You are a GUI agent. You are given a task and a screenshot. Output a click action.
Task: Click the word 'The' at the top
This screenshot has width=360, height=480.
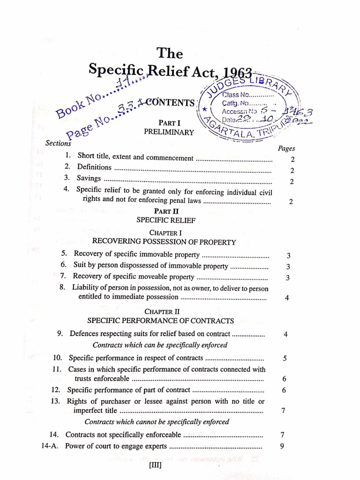pyautogui.click(x=169, y=52)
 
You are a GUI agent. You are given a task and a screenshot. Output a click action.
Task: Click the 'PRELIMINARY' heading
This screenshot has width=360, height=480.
pyautogui.click(x=169, y=132)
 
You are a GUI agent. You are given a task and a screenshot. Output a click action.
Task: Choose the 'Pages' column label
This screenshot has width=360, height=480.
pyautogui.click(x=286, y=149)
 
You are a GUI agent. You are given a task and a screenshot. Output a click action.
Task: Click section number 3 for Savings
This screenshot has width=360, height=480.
pyautogui.click(x=67, y=178)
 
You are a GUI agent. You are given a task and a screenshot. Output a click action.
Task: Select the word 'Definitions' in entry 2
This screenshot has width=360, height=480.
pyautogui.click(x=94, y=167)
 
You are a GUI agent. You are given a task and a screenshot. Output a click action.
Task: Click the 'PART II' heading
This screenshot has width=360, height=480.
pyautogui.click(x=166, y=211)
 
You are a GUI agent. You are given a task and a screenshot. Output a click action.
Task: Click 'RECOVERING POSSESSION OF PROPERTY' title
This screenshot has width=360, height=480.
pyautogui.click(x=164, y=242)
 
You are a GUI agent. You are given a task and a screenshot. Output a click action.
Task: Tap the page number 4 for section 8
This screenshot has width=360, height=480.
pyautogui.click(x=286, y=298)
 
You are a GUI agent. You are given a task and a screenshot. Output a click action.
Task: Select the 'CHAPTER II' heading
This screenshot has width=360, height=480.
pyautogui.click(x=162, y=311)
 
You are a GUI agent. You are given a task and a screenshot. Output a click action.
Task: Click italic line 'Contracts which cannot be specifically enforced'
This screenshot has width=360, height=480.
pyautogui.click(x=157, y=422)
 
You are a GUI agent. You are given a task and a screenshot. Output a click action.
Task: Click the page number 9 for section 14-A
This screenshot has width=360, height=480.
pyautogui.click(x=282, y=446)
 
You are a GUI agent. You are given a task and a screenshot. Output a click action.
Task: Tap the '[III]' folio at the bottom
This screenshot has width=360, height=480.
pyautogui.click(x=155, y=466)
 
